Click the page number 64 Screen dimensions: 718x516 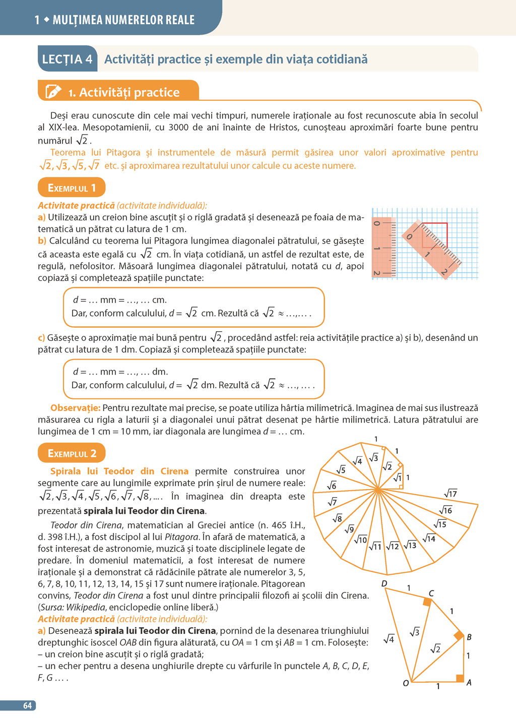point(27,705)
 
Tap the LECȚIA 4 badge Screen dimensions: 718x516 point(67,59)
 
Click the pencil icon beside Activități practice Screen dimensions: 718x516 point(53,92)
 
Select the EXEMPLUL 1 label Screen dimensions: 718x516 point(72,188)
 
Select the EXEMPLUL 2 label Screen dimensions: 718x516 point(72,453)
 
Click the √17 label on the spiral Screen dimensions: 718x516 point(450,493)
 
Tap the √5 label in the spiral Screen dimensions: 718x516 point(341,469)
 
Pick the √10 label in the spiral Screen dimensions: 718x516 point(360,540)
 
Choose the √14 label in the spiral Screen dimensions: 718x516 point(429,538)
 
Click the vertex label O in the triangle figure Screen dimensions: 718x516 point(406,684)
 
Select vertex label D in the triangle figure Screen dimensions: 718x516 point(384,583)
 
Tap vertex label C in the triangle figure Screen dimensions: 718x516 point(431,593)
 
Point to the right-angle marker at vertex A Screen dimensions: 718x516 point(460,678)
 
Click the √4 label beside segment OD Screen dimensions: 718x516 point(389,639)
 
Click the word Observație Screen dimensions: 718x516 point(75,408)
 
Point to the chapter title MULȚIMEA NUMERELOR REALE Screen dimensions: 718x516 point(123,20)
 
